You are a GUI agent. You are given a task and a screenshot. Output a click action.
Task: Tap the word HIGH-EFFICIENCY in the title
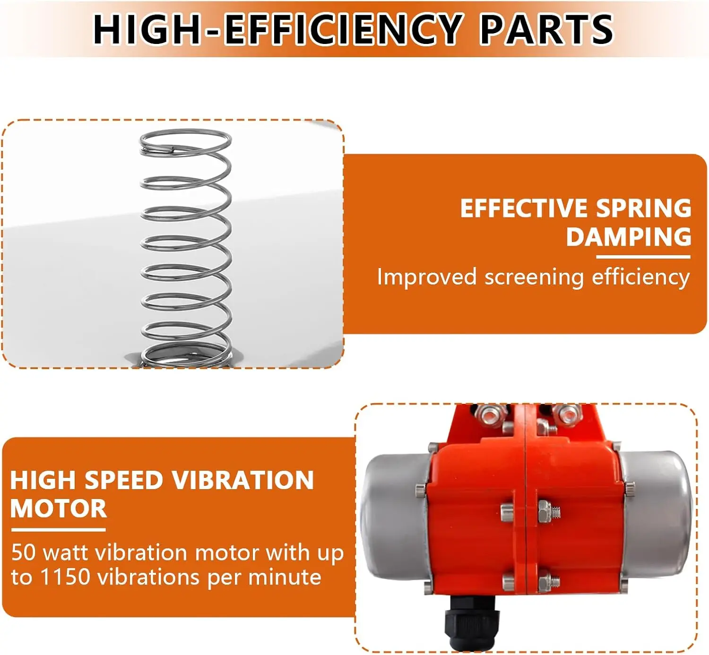point(277,29)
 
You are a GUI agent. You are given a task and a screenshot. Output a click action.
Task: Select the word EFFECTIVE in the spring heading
point(523,208)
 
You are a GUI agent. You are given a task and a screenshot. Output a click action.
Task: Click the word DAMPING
point(629,236)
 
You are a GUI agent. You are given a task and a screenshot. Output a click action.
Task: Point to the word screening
point(534,277)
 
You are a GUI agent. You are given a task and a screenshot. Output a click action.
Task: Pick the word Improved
point(426,277)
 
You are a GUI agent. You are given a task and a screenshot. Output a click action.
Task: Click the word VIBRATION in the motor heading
point(242,480)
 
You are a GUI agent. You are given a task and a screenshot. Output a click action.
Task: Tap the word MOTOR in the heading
point(59,508)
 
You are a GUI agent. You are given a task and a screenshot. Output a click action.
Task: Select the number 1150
point(65,577)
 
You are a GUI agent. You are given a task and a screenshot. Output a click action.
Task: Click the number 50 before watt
point(23,552)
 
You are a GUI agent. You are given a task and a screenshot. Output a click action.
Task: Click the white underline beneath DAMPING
point(643,257)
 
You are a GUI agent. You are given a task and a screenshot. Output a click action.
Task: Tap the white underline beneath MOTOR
point(58,529)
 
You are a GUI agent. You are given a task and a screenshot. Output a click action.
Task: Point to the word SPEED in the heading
point(123,480)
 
